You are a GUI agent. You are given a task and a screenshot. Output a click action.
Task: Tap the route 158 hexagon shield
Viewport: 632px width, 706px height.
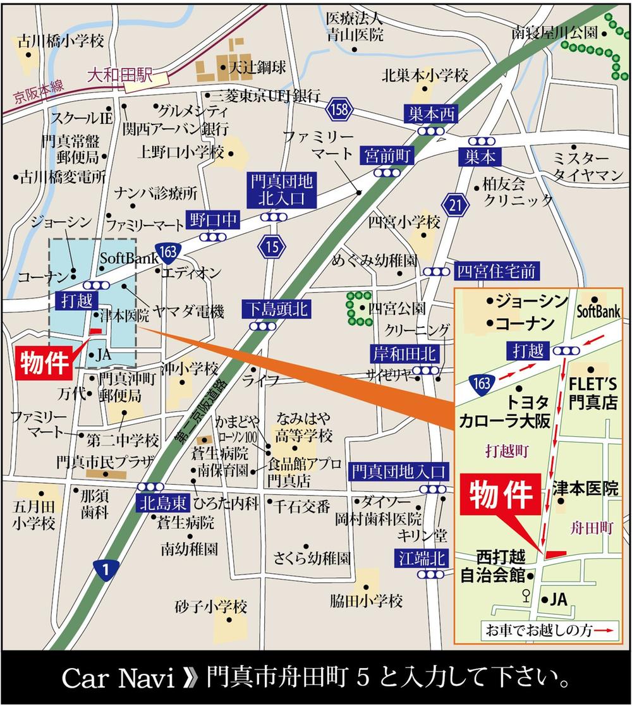click(x=338, y=110)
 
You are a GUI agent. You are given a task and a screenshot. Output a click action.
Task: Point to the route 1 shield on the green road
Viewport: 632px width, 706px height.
click(x=106, y=571)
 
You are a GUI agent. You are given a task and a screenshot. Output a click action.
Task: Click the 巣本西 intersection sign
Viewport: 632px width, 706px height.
click(x=431, y=114)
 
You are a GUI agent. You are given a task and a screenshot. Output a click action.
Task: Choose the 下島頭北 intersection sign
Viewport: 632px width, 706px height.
click(x=277, y=310)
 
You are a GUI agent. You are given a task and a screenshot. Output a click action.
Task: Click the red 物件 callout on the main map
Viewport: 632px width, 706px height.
click(x=43, y=365)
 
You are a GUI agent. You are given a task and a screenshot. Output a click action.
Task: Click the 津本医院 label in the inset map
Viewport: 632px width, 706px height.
click(x=585, y=488)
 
